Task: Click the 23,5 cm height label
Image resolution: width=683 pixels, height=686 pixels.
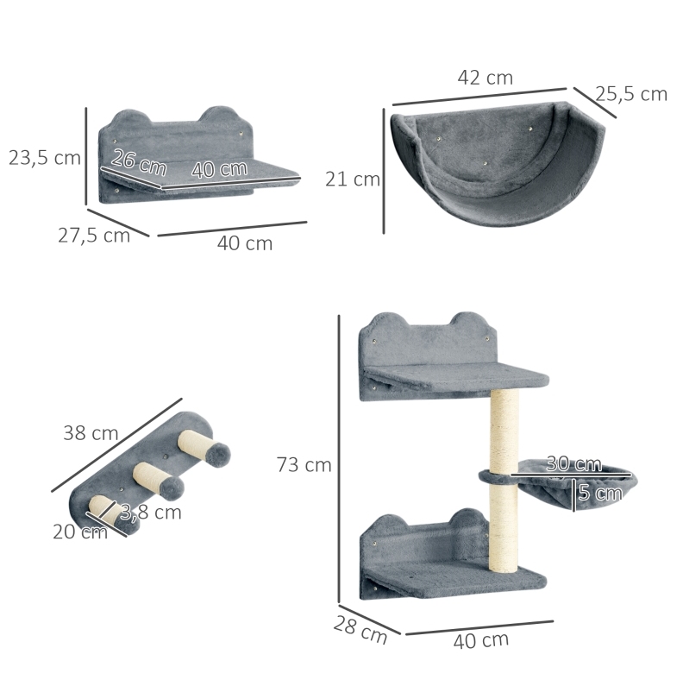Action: (45, 158)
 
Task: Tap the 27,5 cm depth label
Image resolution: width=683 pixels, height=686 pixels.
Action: (94, 236)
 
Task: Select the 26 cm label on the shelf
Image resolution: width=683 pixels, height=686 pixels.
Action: (139, 162)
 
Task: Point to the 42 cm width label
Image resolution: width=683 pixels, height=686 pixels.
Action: (486, 78)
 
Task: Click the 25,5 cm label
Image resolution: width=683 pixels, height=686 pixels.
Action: (631, 94)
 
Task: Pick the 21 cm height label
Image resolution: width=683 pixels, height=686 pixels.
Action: (353, 179)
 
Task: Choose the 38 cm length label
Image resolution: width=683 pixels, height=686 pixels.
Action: (91, 433)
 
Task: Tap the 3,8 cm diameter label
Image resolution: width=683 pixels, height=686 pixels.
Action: (151, 512)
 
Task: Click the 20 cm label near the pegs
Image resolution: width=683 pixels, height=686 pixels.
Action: (80, 532)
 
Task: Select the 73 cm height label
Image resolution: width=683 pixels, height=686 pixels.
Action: (304, 464)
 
